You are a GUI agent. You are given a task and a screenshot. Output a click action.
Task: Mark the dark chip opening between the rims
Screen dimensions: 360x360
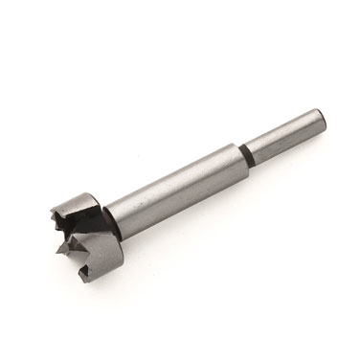80,230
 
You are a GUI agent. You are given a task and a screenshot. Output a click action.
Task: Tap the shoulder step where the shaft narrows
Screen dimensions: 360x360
239,153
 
